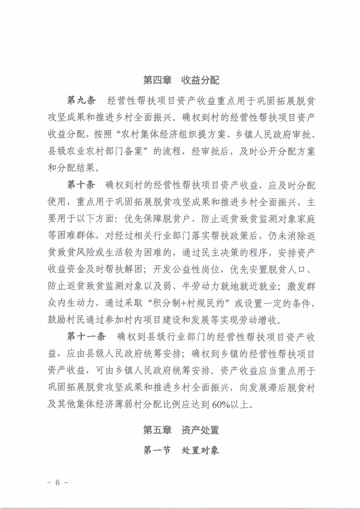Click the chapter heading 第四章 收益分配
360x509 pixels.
(181, 81)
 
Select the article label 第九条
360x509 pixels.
(81, 100)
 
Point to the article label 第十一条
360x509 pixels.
(86, 336)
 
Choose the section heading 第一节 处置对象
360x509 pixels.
(181, 450)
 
